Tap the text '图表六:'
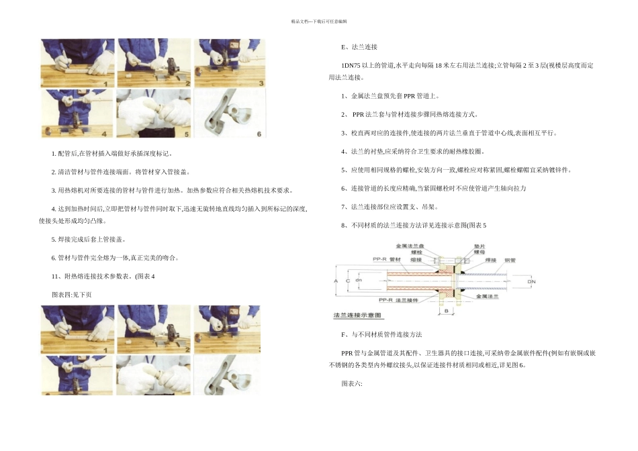click(352, 383)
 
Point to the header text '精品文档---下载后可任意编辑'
click(319, 21)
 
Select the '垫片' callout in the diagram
click(480, 246)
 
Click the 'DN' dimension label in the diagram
click(532, 281)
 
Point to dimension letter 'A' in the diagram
click(336, 280)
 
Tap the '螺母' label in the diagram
click(480, 252)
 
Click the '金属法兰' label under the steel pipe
click(486, 295)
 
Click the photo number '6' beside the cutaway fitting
click(259, 133)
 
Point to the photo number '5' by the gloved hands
click(185, 133)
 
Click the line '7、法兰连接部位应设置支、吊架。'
click(390, 207)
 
